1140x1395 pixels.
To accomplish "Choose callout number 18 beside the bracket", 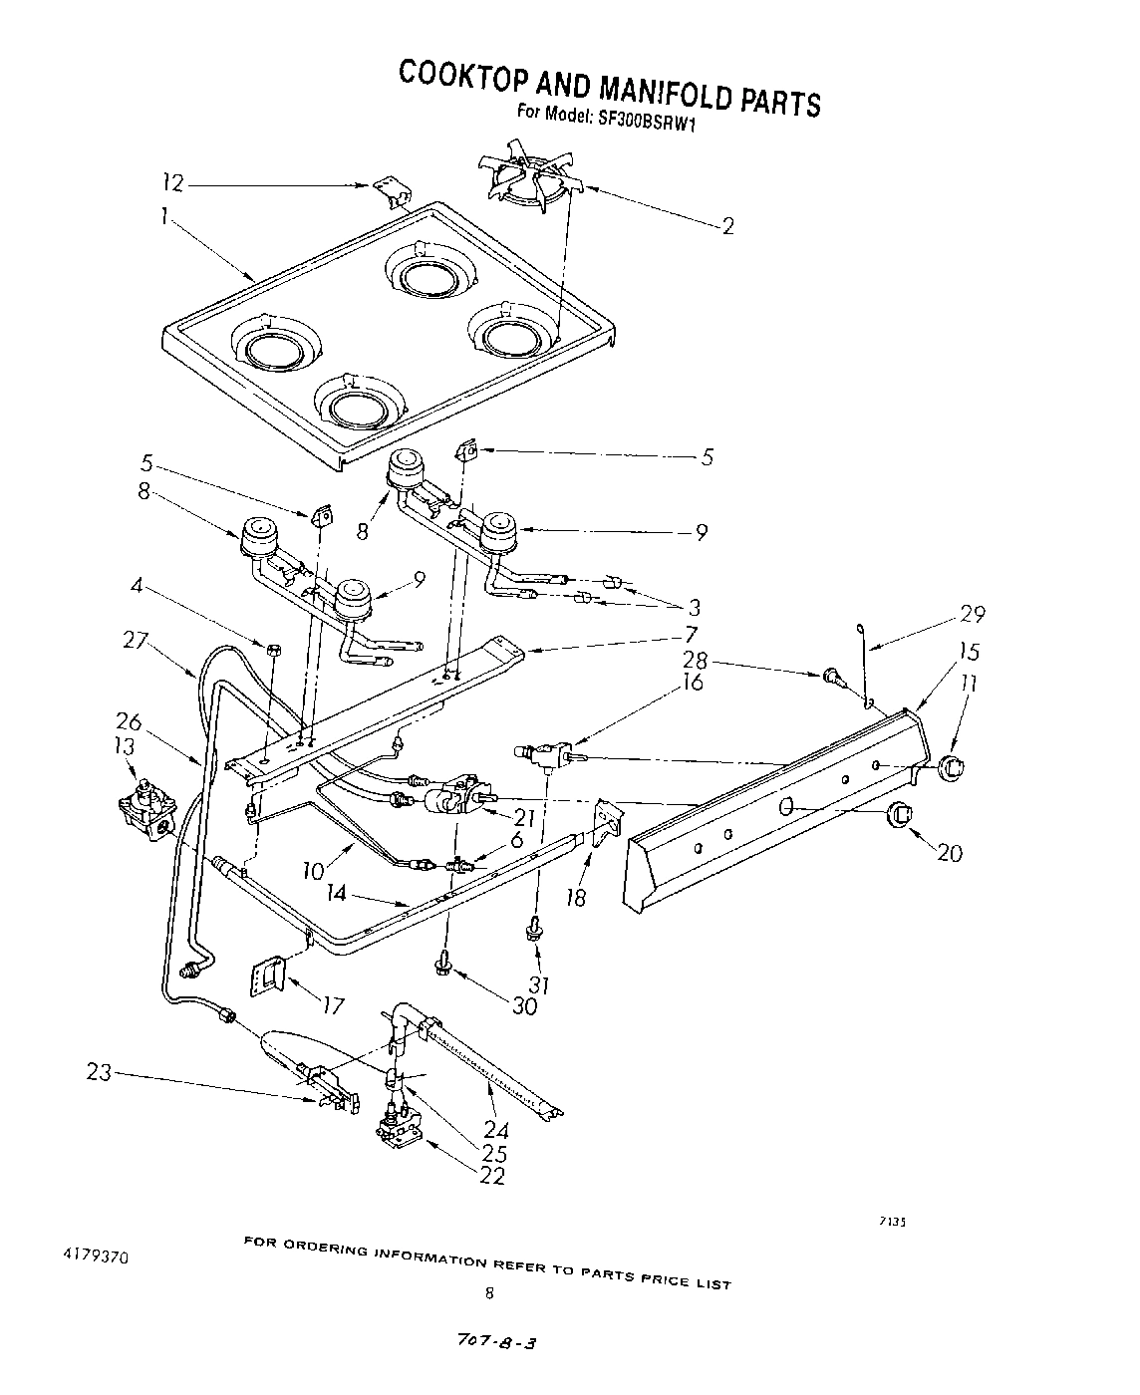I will (x=576, y=897).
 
